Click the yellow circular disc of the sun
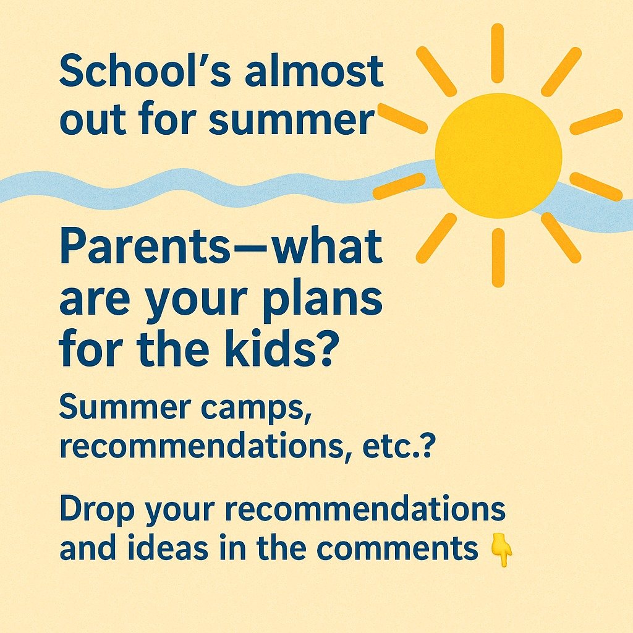pyautogui.click(x=498, y=155)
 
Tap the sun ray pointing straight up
pyautogui.click(x=498, y=53)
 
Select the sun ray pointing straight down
pyautogui.click(x=498, y=258)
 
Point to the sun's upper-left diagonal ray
pyautogui.click(x=436, y=71)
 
